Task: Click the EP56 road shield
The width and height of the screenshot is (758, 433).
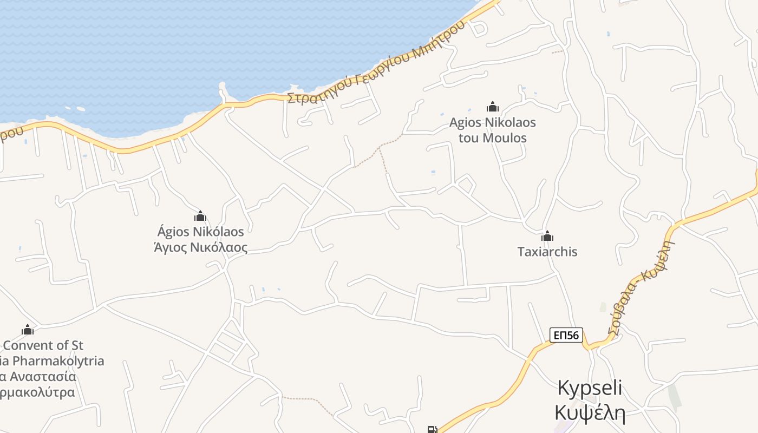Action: pyautogui.click(x=566, y=336)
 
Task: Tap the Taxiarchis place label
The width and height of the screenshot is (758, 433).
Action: pyautogui.click(x=547, y=252)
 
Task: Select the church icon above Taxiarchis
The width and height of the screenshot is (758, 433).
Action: pyautogui.click(x=547, y=236)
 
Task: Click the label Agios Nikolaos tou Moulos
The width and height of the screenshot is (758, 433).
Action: pyautogui.click(x=492, y=130)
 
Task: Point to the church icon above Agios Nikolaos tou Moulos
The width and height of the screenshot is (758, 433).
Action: pyautogui.click(x=492, y=107)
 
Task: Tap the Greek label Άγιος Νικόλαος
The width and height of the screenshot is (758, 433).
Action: pyautogui.click(x=201, y=248)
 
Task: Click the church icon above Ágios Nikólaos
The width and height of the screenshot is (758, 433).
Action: pyautogui.click(x=200, y=216)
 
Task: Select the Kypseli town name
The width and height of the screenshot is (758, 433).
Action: pyautogui.click(x=590, y=388)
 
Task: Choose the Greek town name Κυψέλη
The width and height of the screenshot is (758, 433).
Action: pyautogui.click(x=590, y=412)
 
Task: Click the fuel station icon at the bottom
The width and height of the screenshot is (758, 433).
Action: pyautogui.click(x=432, y=430)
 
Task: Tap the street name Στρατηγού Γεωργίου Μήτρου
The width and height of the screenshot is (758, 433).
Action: pyautogui.click(x=376, y=62)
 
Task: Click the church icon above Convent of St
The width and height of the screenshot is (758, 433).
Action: pyautogui.click(x=28, y=330)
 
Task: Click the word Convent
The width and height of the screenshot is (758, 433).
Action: pyautogui.click(x=29, y=345)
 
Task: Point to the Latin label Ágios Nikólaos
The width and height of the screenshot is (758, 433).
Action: pyautogui.click(x=201, y=232)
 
